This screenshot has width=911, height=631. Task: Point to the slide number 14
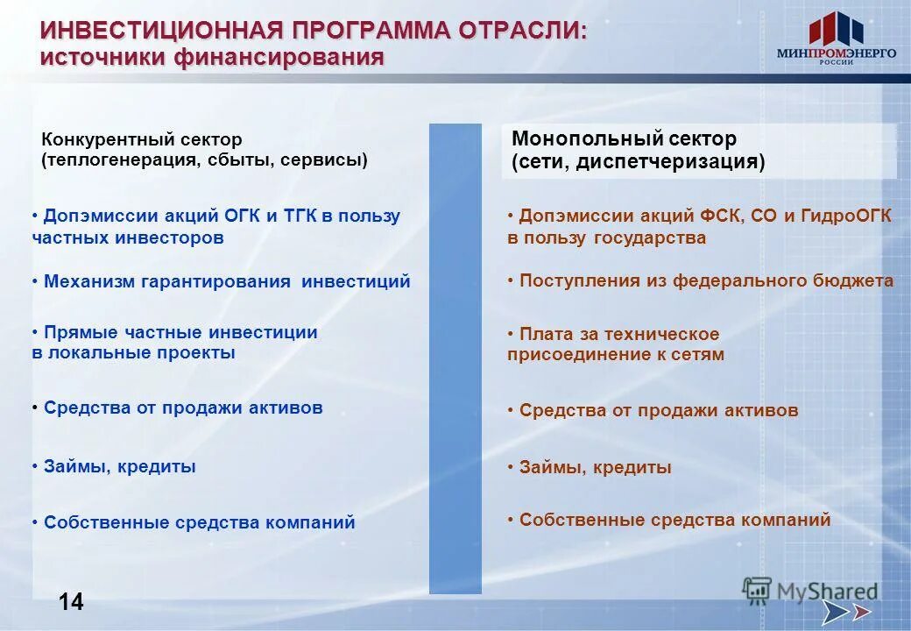coord(72,601)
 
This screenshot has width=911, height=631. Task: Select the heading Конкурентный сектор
coord(142,139)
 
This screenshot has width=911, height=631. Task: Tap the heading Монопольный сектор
coord(624,138)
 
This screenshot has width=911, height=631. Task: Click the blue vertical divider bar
coord(455,359)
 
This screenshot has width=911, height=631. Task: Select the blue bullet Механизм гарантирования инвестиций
coord(227,281)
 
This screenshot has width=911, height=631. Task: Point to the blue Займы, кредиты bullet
coord(119,466)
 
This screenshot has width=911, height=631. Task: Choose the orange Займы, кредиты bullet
coord(595,467)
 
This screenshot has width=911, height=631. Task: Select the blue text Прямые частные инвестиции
coord(180,332)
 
